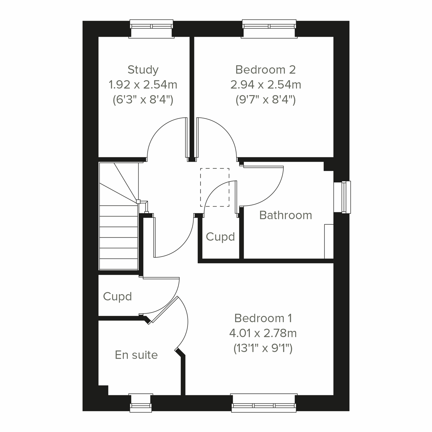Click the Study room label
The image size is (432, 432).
click(143, 69)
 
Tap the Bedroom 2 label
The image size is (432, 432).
click(265, 69)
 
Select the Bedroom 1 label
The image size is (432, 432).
click(263, 318)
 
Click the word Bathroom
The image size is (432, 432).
click(285, 215)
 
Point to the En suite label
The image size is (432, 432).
click(136, 355)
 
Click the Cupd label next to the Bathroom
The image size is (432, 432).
click(220, 237)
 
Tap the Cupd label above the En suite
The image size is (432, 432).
click(117, 297)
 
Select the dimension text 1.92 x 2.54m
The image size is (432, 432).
click(143, 85)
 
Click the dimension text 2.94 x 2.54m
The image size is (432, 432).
click(265, 85)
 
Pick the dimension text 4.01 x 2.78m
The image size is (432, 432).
click(263, 333)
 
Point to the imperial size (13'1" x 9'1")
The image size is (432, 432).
click(263, 348)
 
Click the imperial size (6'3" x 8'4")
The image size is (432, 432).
click(143, 100)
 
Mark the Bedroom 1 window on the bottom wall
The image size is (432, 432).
click(264, 403)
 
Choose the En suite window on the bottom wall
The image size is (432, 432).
click(141, 403)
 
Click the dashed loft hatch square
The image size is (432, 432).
click(215, 187)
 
